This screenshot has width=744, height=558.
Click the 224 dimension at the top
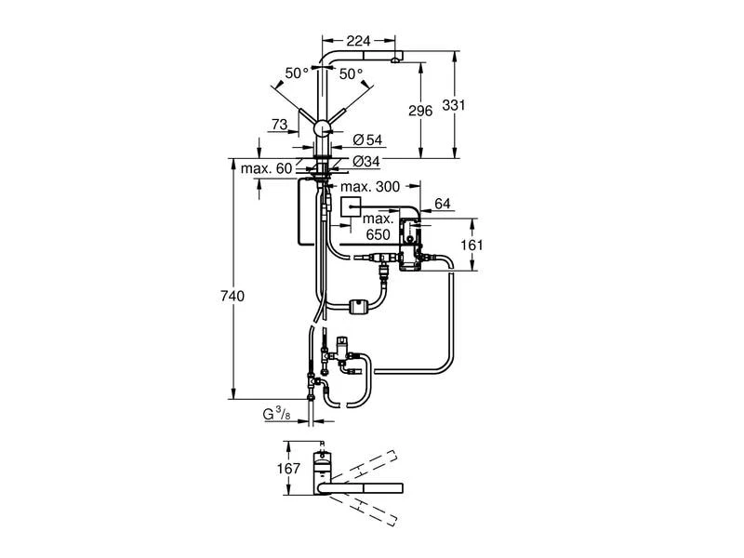coord(358,40)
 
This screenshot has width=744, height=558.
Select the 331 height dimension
coord(453,107)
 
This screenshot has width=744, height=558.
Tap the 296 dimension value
coord(420,111)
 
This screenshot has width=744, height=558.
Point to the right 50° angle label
coord(351,73)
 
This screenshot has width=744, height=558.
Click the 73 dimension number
coord(279,125)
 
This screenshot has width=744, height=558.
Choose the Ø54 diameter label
coord(368,139)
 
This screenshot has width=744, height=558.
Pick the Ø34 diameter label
coord(368,161)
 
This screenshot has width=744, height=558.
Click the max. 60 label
coord(267,168)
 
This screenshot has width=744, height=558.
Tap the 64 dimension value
coord(442,203)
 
